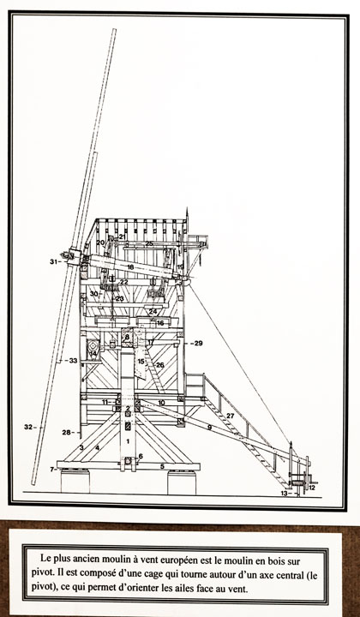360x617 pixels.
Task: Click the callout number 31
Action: pyautogui.click(x=53, y=261)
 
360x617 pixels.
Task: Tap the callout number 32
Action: pyautogui.click(x=27, y=427)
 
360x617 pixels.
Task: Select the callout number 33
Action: pyautogui.click(x=73, y=360)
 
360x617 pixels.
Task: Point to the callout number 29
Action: pyautogui.click(x=198, y=343)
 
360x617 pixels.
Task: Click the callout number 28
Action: pyautogui.click(x=66, y=433)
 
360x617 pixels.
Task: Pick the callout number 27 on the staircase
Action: pyautogui.click(x=231, y=416)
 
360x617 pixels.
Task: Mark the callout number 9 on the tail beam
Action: pyautogui.click(x=210, y=427)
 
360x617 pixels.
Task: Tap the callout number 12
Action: pyautogui.click(x=312, y=488)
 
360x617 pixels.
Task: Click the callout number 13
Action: pyautogui.click(x=284, y=493)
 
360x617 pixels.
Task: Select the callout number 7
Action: pyautogui.click(x=51, y=469)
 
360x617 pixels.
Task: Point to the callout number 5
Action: pyautogui.click(x=162, y=467)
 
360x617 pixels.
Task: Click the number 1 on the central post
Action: pyautogui.click(x=128, y=441)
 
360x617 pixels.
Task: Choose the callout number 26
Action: pyautogui.click(x=159, y=365)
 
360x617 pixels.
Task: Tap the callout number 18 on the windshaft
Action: pyautogui.click(x=130, y=267)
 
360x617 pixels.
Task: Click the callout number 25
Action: pyautogui.click(x=149, y=243)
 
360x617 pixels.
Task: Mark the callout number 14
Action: pyautogui.click(x=93, y=354)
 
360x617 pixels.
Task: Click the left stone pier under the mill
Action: pyautogui.click(x=75, y=481)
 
